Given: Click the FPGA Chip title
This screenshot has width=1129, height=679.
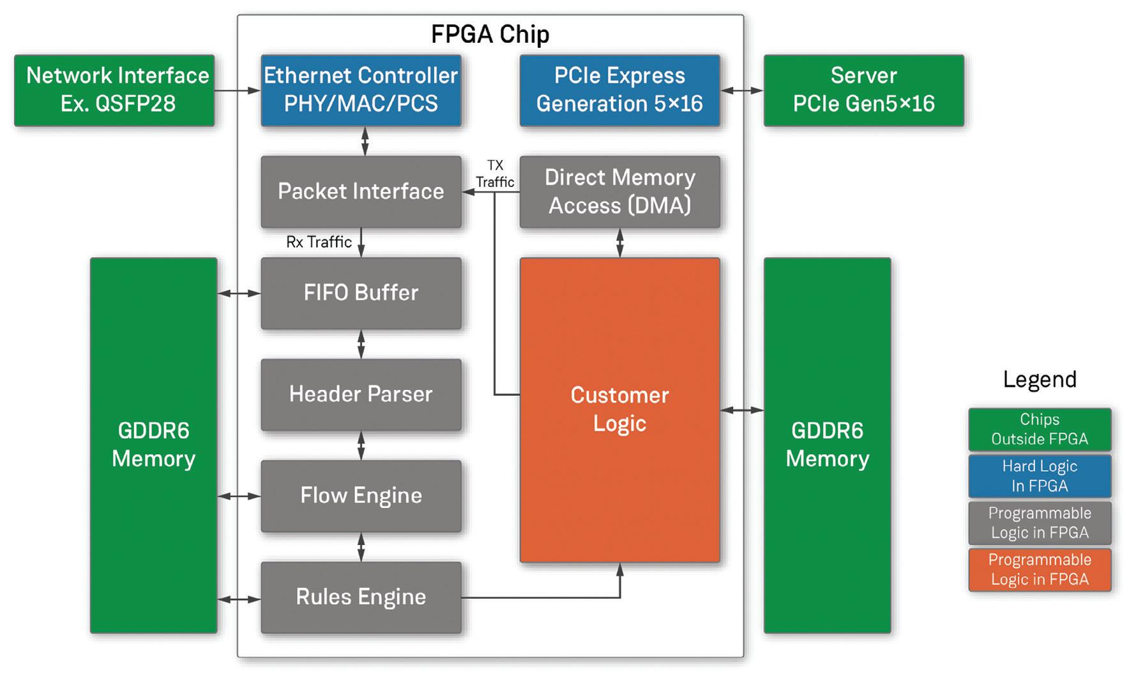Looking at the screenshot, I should (490, 34).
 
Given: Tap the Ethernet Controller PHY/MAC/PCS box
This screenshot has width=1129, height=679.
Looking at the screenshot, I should (361, 90).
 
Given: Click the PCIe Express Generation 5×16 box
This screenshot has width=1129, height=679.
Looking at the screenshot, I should (619, 90).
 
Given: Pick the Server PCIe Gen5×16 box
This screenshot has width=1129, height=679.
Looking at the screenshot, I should (863, 90).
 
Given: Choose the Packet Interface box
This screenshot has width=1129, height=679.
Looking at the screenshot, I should (361, 191).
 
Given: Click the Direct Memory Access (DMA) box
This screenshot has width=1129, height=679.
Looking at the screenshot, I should (619, 191).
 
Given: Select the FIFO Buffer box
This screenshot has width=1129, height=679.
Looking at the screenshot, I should (361, 293).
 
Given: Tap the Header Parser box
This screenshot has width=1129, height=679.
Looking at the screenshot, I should (361, 394).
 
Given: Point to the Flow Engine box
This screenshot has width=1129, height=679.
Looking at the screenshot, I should (361, 496).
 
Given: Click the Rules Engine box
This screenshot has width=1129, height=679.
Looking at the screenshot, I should (361, 597).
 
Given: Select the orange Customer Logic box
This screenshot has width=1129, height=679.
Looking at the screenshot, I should (619, 410).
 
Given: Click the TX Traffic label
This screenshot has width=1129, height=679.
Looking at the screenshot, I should (495, 174).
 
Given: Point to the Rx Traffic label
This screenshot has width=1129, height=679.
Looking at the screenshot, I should (319, 243).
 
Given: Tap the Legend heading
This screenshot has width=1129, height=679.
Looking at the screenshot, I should (1039, 380).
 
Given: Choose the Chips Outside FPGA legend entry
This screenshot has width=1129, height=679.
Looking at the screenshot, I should (1039, 429).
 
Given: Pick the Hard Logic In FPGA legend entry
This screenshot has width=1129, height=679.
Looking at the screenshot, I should (1039, 476).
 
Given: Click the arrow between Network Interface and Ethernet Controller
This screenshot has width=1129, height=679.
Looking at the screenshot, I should (237, 91).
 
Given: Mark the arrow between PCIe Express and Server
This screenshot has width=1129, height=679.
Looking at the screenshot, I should (741, 91).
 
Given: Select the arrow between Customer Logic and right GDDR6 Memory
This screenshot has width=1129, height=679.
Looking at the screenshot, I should (741, 410).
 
